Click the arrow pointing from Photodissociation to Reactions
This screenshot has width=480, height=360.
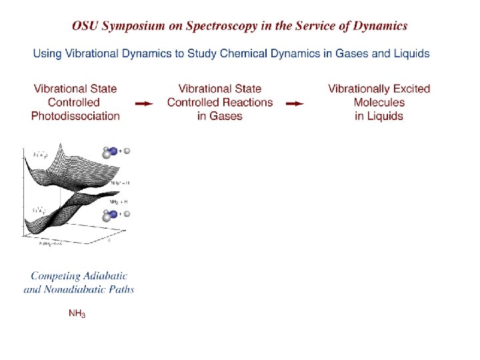point(144,103)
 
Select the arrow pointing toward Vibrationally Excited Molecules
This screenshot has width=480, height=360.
point(295,103)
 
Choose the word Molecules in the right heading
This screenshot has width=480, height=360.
point(379,103)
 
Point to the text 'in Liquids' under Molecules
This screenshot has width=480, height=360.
point(379,116)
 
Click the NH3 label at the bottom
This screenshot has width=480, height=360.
point(77,313)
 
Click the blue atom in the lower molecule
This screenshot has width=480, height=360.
point(113,215)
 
